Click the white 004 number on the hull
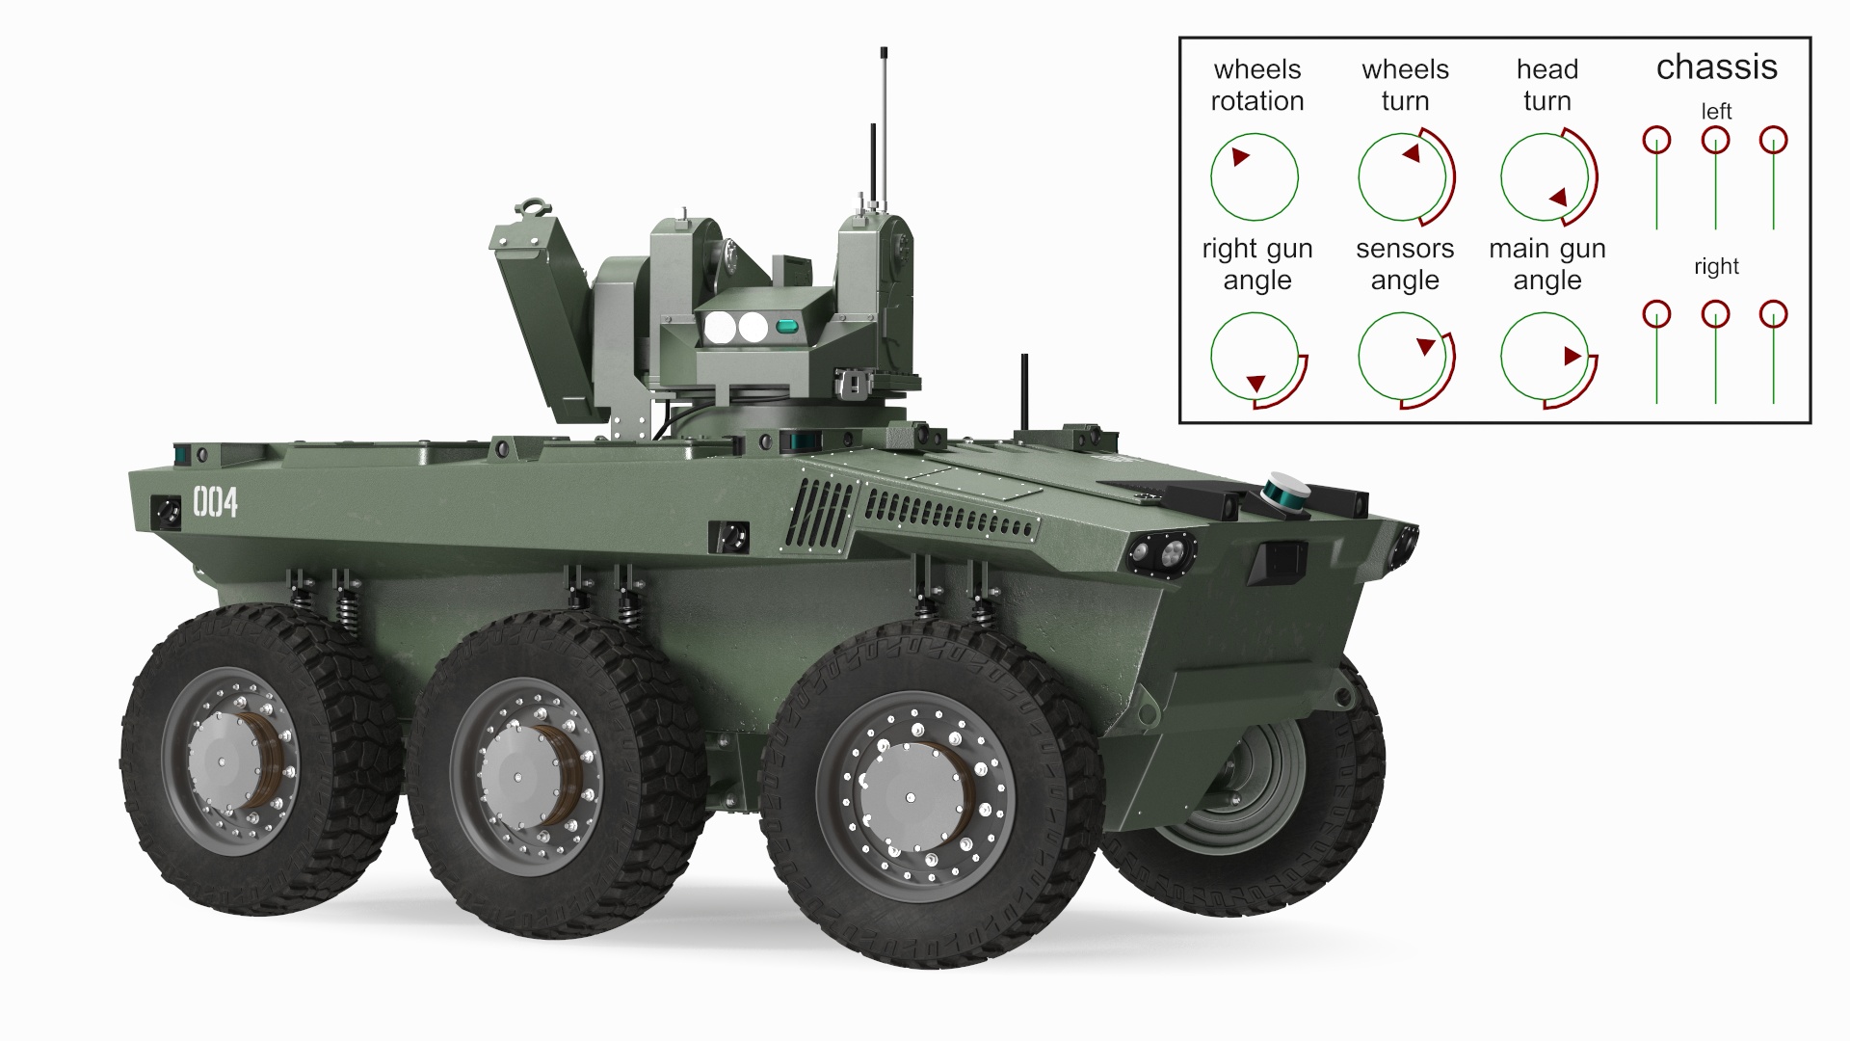click(216, 502)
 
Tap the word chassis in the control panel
click(1716, 67)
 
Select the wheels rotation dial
click(1255, 177)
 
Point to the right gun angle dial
click(1255, 357)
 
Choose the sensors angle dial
click(1403, 357)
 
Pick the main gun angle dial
click(1546, 357)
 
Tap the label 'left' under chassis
click(1716, 112)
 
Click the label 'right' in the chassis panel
click(1716, 267)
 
